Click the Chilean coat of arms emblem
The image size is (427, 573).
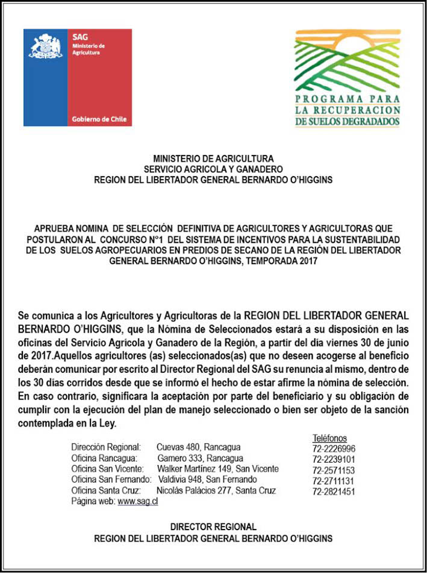coord(46,46)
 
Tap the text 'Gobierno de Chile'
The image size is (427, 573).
coord(99,119)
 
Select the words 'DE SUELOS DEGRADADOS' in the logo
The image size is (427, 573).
coord(348,122)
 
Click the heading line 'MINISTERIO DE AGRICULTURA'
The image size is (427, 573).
coord(213,160)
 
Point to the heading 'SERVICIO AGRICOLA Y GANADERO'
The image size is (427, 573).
coord(213,169)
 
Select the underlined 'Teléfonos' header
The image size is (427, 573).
coord(329,438)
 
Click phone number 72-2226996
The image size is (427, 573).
coord(334,449)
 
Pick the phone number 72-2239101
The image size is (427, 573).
coord(334,459)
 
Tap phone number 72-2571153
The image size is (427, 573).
coord(334,470)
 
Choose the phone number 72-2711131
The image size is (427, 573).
coord(334,481)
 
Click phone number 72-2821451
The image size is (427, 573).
coord(334,492)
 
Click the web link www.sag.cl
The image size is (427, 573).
coord(138,502)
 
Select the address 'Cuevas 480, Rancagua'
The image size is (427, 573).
coord(198,447)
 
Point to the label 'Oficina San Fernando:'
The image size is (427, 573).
coord(111,480)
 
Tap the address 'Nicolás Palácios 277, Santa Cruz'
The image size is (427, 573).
coord(216,490)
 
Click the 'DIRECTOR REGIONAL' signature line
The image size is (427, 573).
coord(213,527)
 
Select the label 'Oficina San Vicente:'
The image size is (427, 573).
coord(108,469)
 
